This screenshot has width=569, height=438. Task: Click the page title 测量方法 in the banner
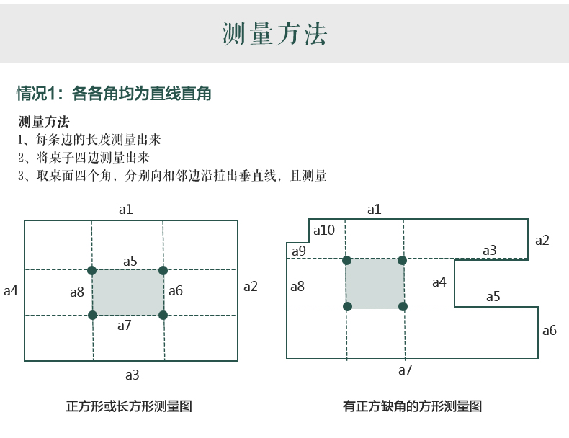coord(274,34)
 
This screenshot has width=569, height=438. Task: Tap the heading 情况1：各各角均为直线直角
coord(114,94)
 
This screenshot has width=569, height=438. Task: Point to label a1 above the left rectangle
coord(126,209)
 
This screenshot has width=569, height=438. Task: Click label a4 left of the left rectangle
coord(11,291)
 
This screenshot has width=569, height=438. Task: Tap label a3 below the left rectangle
coord(132,375)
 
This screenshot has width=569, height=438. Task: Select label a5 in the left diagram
coord(130,261)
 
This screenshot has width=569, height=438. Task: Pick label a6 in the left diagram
coord(175,291)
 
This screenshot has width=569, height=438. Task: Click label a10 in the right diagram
coord(323,231)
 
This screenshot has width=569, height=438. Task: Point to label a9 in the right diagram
coord(298,251)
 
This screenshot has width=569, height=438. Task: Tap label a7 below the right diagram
coord(405,370)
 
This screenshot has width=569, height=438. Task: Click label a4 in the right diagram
coord(439,282)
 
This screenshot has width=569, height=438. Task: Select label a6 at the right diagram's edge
coord(549,331)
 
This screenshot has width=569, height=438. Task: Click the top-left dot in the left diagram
coord(91,270)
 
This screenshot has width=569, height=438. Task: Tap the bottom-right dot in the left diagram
coord(163,315)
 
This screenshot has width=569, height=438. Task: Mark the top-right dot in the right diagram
coord(402,260)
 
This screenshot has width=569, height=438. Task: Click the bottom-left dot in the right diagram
coord(347,306)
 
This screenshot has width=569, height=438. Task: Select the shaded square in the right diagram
coord(375,283)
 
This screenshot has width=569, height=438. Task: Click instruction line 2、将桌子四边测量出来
coord(84,158)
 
